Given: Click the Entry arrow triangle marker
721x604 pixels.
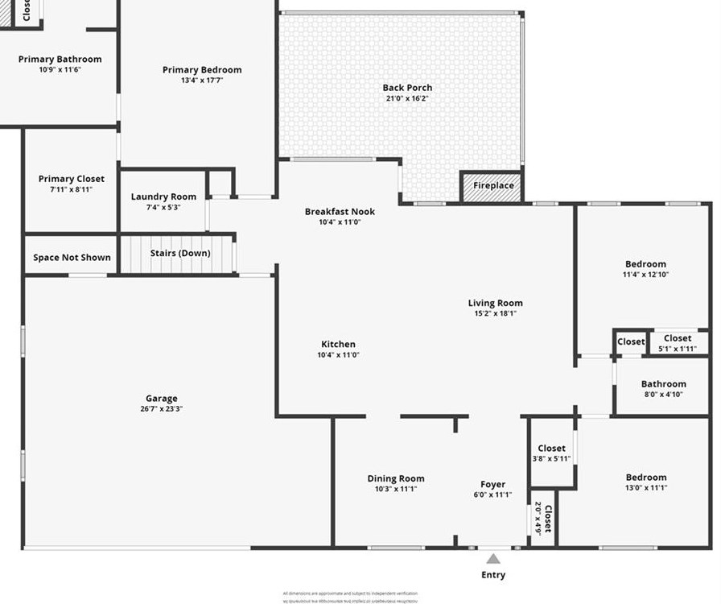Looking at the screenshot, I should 493,558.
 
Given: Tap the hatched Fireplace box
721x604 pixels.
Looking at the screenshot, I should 492,186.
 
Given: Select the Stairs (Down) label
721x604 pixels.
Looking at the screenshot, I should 180,253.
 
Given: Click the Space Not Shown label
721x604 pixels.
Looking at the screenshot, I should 72,258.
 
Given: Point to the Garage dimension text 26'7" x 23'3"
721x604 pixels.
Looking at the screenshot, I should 162,409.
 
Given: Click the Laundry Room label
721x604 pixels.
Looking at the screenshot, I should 163,197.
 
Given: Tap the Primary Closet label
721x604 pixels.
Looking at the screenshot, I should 72,179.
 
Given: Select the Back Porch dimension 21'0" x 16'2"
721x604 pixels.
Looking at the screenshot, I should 407,98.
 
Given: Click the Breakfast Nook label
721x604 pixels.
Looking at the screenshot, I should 340,212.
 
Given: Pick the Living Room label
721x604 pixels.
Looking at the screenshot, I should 496,303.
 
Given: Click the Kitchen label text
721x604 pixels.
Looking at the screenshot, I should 337,344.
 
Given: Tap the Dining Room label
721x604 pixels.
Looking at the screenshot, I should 396,478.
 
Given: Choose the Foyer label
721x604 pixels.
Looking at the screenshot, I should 493,484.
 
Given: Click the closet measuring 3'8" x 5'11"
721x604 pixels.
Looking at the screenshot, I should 552,453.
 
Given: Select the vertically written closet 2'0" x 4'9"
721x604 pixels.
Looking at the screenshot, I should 543,519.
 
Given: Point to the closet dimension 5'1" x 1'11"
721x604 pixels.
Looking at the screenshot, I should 678,349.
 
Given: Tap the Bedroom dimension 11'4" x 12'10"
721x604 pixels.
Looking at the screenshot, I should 646,275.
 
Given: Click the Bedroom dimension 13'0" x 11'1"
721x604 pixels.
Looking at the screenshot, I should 646,487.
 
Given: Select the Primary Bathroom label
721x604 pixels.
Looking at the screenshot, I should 60,59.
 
